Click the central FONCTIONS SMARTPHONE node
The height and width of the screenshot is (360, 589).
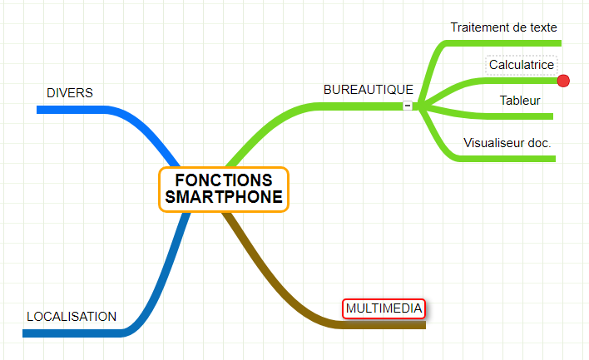click(x=223, y=190)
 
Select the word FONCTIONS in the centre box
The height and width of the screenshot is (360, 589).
click(x=223, y=180)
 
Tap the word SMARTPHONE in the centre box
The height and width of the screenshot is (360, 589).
click(x=223, y=199)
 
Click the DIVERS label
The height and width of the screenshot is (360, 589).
click(x=69, y=92)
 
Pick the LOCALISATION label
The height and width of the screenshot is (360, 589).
click(x=72, y=317)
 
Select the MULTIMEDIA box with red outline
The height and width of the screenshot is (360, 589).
click(x=384, y=308)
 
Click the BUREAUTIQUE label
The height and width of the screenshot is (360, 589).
click(x=368, y=90)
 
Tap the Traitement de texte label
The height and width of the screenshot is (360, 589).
click(x=503, y=27)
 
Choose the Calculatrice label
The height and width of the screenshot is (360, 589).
click(x=521, y=65)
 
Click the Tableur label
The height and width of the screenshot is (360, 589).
click(x=520, y=101)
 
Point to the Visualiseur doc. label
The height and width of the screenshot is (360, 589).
click(x=507, y=143)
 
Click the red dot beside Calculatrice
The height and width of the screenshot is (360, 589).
click(x=563, y=81)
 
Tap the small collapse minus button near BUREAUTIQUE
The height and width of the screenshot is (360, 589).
click(x=407, y=106)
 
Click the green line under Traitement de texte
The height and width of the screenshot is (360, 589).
click(x=507, y=42)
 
